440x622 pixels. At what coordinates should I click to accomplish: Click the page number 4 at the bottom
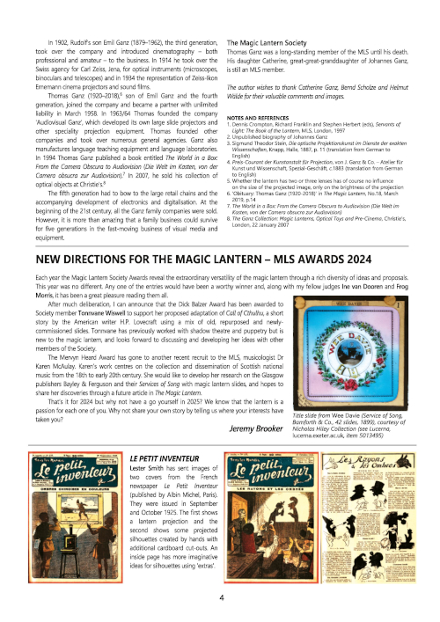tap(221, 597)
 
